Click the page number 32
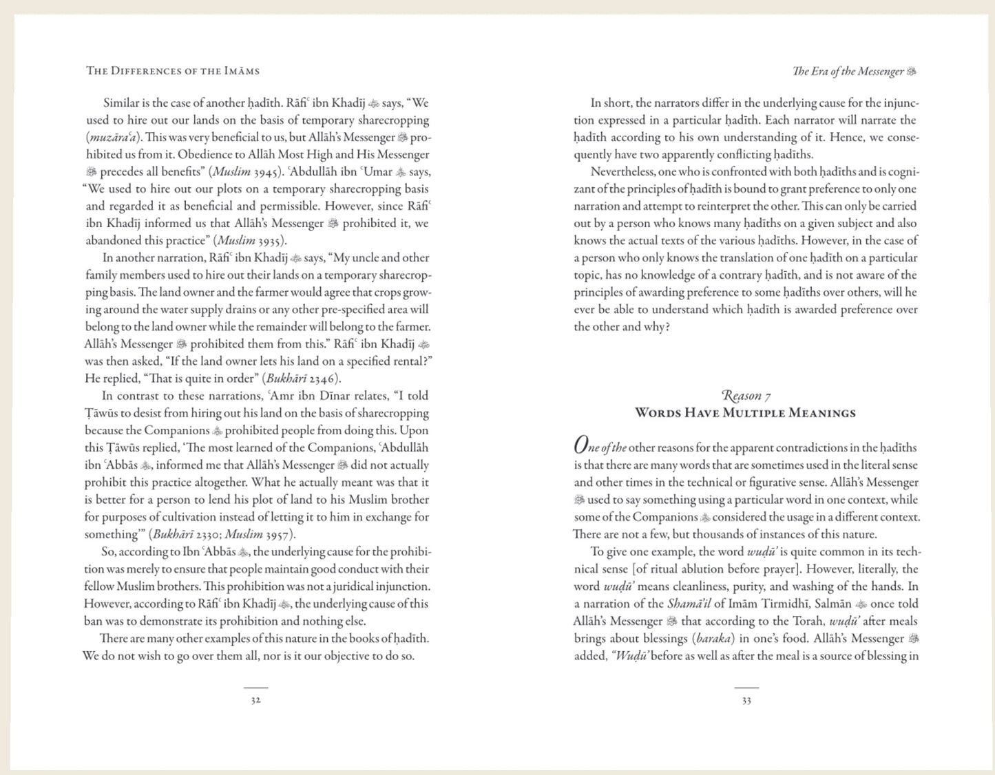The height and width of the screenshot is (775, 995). (255, 701)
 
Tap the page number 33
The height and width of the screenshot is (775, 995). (746, 701)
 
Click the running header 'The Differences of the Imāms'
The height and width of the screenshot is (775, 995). (173, 71)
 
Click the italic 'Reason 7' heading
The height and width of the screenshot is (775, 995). (746, 396)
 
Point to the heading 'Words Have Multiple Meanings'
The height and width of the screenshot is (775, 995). (746, 413)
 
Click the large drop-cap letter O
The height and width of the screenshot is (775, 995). (582, 446)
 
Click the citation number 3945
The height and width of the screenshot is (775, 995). (266, 172)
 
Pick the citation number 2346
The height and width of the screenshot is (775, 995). (322, 379)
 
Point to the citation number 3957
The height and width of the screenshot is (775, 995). (280, 534)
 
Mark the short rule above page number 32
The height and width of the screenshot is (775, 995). (255, 688)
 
